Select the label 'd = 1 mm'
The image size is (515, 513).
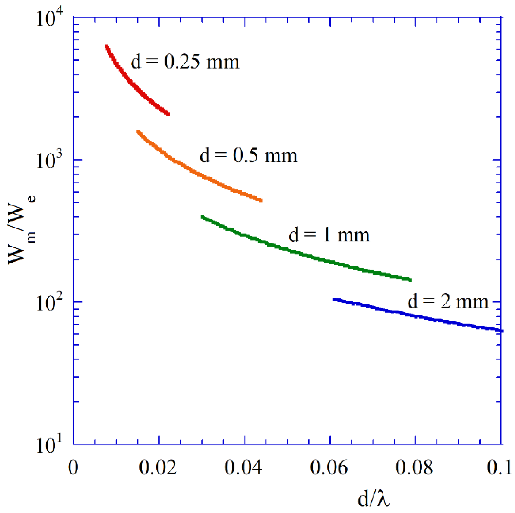pos(329,235)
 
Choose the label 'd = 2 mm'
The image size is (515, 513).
pos(448,302)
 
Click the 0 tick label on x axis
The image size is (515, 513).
pos(73,467)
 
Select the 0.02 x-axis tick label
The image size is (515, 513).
pos(158,467)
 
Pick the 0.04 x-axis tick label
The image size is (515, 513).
pos(243,467)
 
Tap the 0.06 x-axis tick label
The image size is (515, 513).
pos(329,467)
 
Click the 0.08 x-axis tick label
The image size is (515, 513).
pos(414,467)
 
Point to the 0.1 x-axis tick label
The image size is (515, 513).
pos(499,467)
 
